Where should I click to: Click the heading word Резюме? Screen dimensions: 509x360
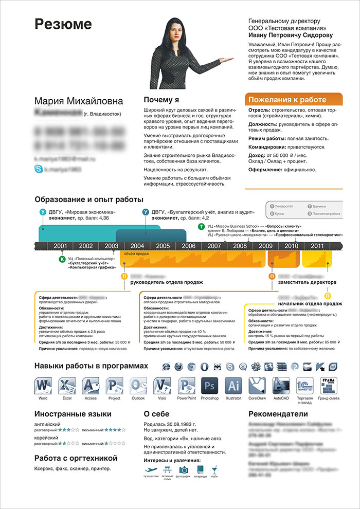[63, 24]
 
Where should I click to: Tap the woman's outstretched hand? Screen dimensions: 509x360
[227, 61]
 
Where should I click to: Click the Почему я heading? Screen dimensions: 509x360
[161, 100]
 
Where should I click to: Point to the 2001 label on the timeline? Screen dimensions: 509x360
[61, 246]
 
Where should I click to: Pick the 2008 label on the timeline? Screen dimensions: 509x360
[240, 246]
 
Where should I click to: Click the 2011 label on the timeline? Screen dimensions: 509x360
[317, 246]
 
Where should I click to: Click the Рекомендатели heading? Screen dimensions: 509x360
[280, 415]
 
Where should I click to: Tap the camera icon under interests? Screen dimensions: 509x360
[184, 469]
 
